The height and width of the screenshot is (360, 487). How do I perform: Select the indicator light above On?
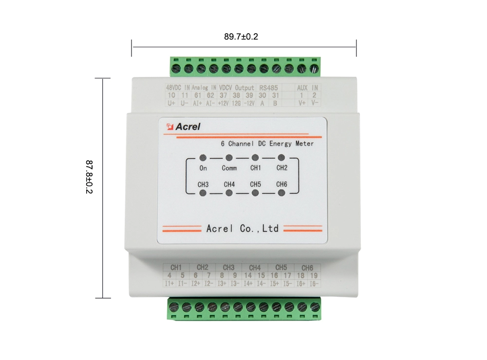tap(203, 158)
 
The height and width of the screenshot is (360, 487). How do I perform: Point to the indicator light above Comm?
tap(229, 158)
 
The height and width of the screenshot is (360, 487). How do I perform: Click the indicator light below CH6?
tap(281, 193)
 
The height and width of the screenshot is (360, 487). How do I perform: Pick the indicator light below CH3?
tap(203, 193)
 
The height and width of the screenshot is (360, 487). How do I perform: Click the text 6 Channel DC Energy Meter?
tap(267, 144)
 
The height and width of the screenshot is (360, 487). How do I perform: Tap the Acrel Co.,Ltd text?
tap(243, 228)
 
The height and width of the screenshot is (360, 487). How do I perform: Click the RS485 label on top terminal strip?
tap(268, 88)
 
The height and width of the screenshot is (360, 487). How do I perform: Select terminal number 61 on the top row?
tap(197, 95)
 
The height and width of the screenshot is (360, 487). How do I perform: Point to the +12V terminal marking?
tap(223, 103)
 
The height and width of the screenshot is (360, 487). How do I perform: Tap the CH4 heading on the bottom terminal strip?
tap(255, 267)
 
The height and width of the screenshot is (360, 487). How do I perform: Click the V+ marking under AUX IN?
tap(302, 103)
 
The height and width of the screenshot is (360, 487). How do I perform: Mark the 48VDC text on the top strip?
tap(174, 88)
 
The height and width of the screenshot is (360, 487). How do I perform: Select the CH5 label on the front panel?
tap(255, 184)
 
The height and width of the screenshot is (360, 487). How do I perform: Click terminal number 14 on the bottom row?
tap(248, 275)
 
